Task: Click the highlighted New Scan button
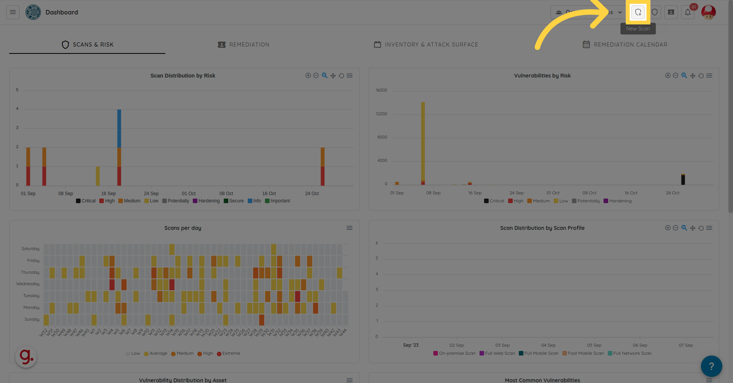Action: [638, 12]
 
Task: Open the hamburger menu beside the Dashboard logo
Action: [13, 12]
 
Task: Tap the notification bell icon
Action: [688, 12]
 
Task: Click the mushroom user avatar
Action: [709, 12]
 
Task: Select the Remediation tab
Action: [244, 45]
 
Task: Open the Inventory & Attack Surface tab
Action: [426, 45]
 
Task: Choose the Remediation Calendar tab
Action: [625, 45]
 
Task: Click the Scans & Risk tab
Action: [87, 45]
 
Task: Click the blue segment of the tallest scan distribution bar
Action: [119, 128]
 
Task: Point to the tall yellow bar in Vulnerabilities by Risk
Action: [423, 141]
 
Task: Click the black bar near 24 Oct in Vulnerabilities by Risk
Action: [683, 180]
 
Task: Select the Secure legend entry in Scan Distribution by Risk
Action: [234, 201]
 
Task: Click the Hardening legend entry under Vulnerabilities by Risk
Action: [618, 201]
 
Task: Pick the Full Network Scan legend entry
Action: [630, 353]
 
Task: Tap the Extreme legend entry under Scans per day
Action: [229, 353]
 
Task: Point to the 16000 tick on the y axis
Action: [381, 90]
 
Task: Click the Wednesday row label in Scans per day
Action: [28, 284]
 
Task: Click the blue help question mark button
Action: [711, 366]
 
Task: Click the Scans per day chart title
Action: [182, 228]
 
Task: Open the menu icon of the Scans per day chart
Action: [349, 228]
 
